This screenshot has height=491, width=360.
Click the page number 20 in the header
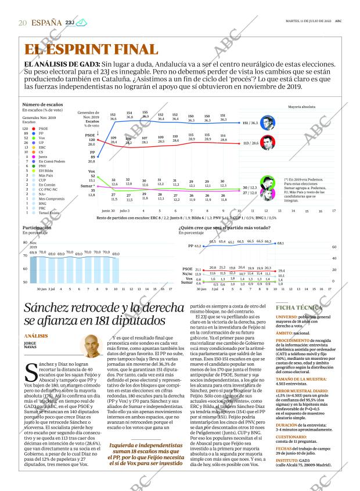pos(23,23)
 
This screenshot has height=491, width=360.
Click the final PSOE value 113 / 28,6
pos(250,142)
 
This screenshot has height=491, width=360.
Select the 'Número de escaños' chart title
pos(42,104)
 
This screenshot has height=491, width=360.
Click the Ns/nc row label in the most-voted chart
pos(187,274)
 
